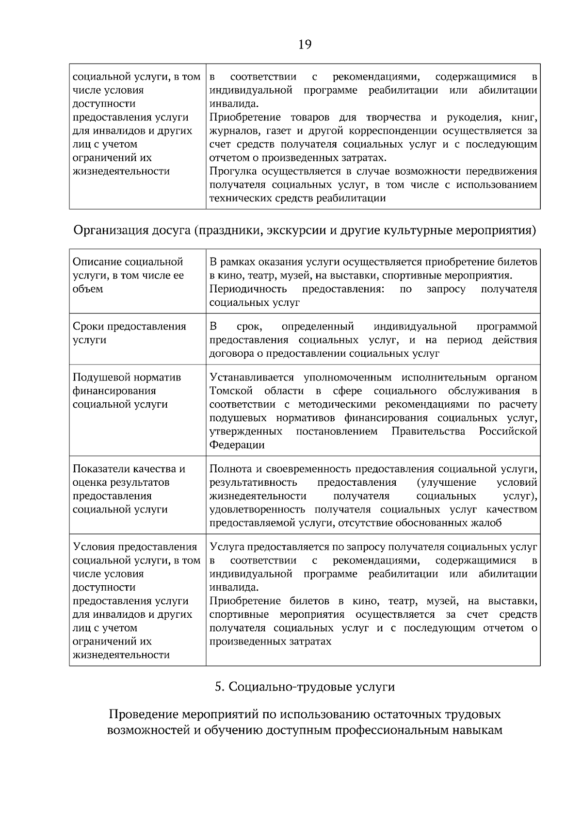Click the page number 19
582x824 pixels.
(x=305, y=45)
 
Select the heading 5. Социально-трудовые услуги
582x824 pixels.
(x=305, y=687)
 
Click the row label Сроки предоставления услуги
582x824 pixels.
(x=129, y=333)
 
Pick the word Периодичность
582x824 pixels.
(x=248, y=289)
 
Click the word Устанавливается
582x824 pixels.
(x=252, y=378)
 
